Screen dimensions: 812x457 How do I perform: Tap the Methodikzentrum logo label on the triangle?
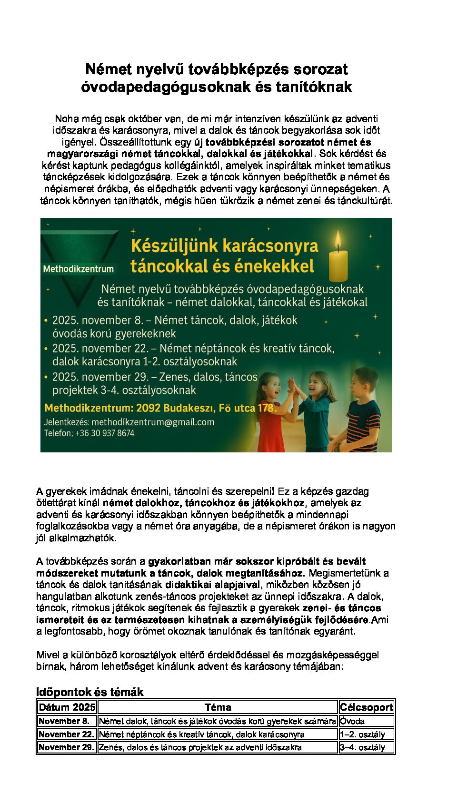pyautogui.click(x=79, y=269)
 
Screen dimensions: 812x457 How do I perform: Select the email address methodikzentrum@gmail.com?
pyautogui.click(x=153, y=422)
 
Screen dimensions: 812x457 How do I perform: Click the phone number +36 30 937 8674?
pyautogui.click(x=105, y=433)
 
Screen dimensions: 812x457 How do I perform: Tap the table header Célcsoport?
pyautogui.click(x=367, y=707)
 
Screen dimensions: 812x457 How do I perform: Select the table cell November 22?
pyautogui.click(x=67, y=734)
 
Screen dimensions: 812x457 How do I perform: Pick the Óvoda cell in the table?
pyautogui.click(x=353, y=721)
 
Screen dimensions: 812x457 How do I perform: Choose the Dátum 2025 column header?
pyautogui.click(x=67, y=707)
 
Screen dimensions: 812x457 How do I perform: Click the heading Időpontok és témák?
pyautogui.click(x=90, y=692)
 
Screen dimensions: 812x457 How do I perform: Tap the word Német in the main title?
pyautogui.click(x=109, y=69)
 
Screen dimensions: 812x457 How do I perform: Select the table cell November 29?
pyautogui.click(x=67, y=747)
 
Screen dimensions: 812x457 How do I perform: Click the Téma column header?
pyautogui.click(x=218, y=707)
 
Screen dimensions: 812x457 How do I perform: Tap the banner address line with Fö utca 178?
pyautogui.click(x=160, y=408)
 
